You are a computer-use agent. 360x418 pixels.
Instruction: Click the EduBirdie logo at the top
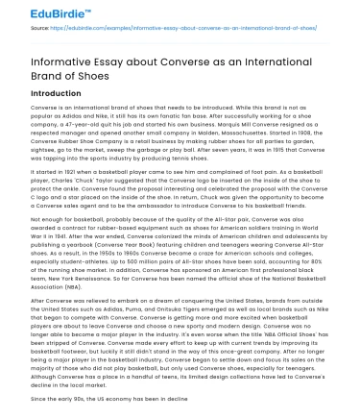48,12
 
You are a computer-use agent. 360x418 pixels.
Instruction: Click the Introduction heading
56,94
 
